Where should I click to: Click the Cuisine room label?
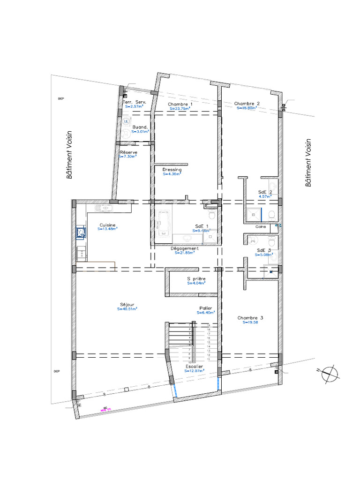pyautogui.click(x=108, y=225)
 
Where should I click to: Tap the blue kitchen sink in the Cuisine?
pyautogui.click(x=81, y=232)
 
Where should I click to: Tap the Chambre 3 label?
pyautogui.click(x=250, y=317)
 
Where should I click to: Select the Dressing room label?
pyautogui.click(x=172, y=169)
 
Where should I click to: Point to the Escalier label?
pyautogui.click(x=194, y=366)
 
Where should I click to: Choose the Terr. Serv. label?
pyautogui.click(x=135, y=102)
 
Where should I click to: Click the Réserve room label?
pyautogui.click(x=128, y=152)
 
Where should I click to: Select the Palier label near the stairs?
pyautogui.click(x=205, y=308)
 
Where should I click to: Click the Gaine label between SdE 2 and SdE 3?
pyautogui.click(x=261, y=227)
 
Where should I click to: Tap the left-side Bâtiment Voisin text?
pyautogui.click(x=70, y=155)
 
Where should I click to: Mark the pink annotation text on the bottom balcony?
pyautogui.click(x=106, y=408)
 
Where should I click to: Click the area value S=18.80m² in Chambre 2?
pyautogui.click(x=247, y=108)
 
